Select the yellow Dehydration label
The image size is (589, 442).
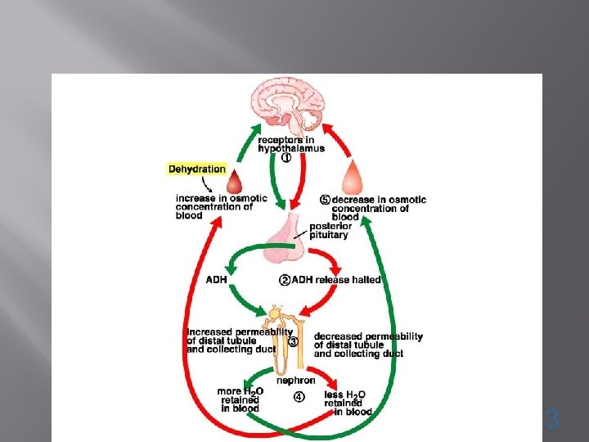click(197, 169)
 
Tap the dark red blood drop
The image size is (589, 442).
click(235, 179)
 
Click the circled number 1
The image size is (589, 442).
click(286, 159)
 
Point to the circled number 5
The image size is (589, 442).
click(325, 200)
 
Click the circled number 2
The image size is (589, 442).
click(286, 280)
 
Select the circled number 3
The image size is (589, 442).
click(293, 341)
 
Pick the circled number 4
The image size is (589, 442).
click(299, 399)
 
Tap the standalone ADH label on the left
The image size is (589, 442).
click(217, 280)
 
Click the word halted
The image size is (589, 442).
click(366, 280)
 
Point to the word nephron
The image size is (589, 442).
click(295, 381)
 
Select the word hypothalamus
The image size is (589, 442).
click(291, 148)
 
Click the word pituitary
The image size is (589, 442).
click(328, 235)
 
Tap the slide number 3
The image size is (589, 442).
click(553, 421)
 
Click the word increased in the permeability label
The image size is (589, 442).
click(211, 331)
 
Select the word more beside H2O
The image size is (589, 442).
click(229, 391)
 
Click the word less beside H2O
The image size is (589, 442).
click(334, 395)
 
